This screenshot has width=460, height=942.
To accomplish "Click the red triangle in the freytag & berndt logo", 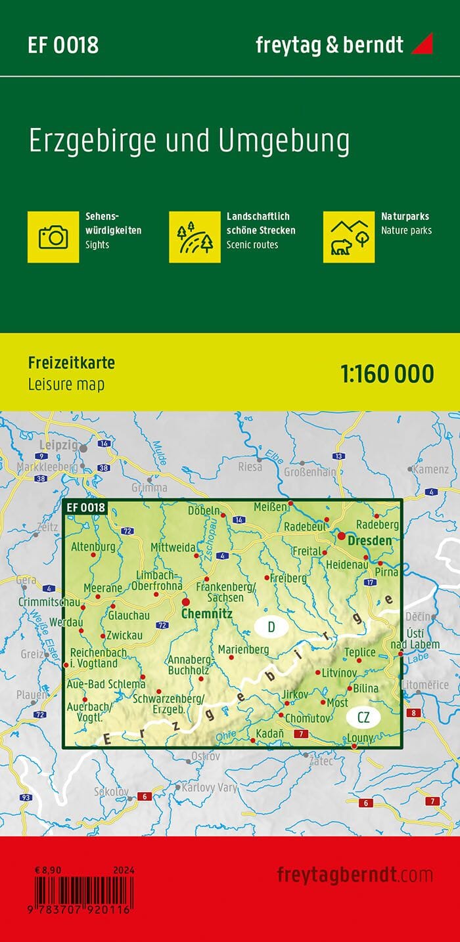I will [423, 45].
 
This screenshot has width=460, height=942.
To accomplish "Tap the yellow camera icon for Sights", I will [53, 236].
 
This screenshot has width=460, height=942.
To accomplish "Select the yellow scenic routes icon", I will [195, 236].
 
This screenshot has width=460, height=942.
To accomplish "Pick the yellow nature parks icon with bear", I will [349, 236].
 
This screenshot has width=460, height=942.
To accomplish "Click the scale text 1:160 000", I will [387, 374].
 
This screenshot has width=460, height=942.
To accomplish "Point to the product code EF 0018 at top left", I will [63, 45].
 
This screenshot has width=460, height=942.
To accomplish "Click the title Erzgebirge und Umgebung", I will [189, 142].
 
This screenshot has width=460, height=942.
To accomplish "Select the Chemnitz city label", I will [206, 614].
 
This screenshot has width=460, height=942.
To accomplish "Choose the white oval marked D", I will [271, 627].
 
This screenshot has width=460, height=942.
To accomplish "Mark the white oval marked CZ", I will [363, 717].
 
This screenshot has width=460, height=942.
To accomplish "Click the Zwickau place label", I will [126, 635].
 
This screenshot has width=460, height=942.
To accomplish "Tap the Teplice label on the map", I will [361, 652].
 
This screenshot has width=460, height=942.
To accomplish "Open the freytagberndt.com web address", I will [355, 875].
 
